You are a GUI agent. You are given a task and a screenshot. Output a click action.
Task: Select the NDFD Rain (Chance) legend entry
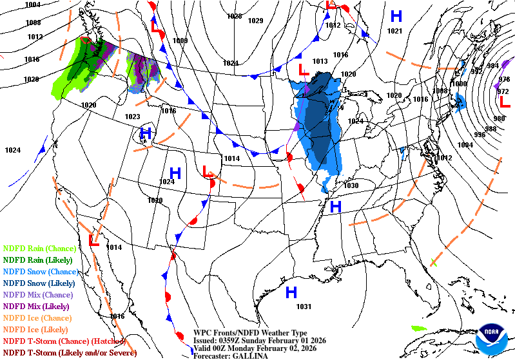click(x=41, y=248)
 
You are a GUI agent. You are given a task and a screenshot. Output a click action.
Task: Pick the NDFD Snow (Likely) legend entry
click(x=39, y=283)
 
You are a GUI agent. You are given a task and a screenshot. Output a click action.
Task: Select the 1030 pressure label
click(x=351, y=185)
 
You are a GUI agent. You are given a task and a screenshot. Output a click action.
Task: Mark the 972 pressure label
click(x=503, y=91)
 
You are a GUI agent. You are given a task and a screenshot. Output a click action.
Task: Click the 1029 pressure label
click(x=256, y=21)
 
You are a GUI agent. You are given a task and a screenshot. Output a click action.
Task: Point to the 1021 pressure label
click(x=394, y=31)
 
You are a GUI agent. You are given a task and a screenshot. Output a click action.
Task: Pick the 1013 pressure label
click(x=320, y=61)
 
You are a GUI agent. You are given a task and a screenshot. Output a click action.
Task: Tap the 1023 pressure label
click(x=132, y=117)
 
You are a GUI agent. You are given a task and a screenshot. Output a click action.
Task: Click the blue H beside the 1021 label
click(x=396, y=16)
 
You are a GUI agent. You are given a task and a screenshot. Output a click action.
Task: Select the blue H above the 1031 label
click(x=291, y=292)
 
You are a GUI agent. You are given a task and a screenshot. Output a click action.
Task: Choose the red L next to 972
click(x=505, y=102)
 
